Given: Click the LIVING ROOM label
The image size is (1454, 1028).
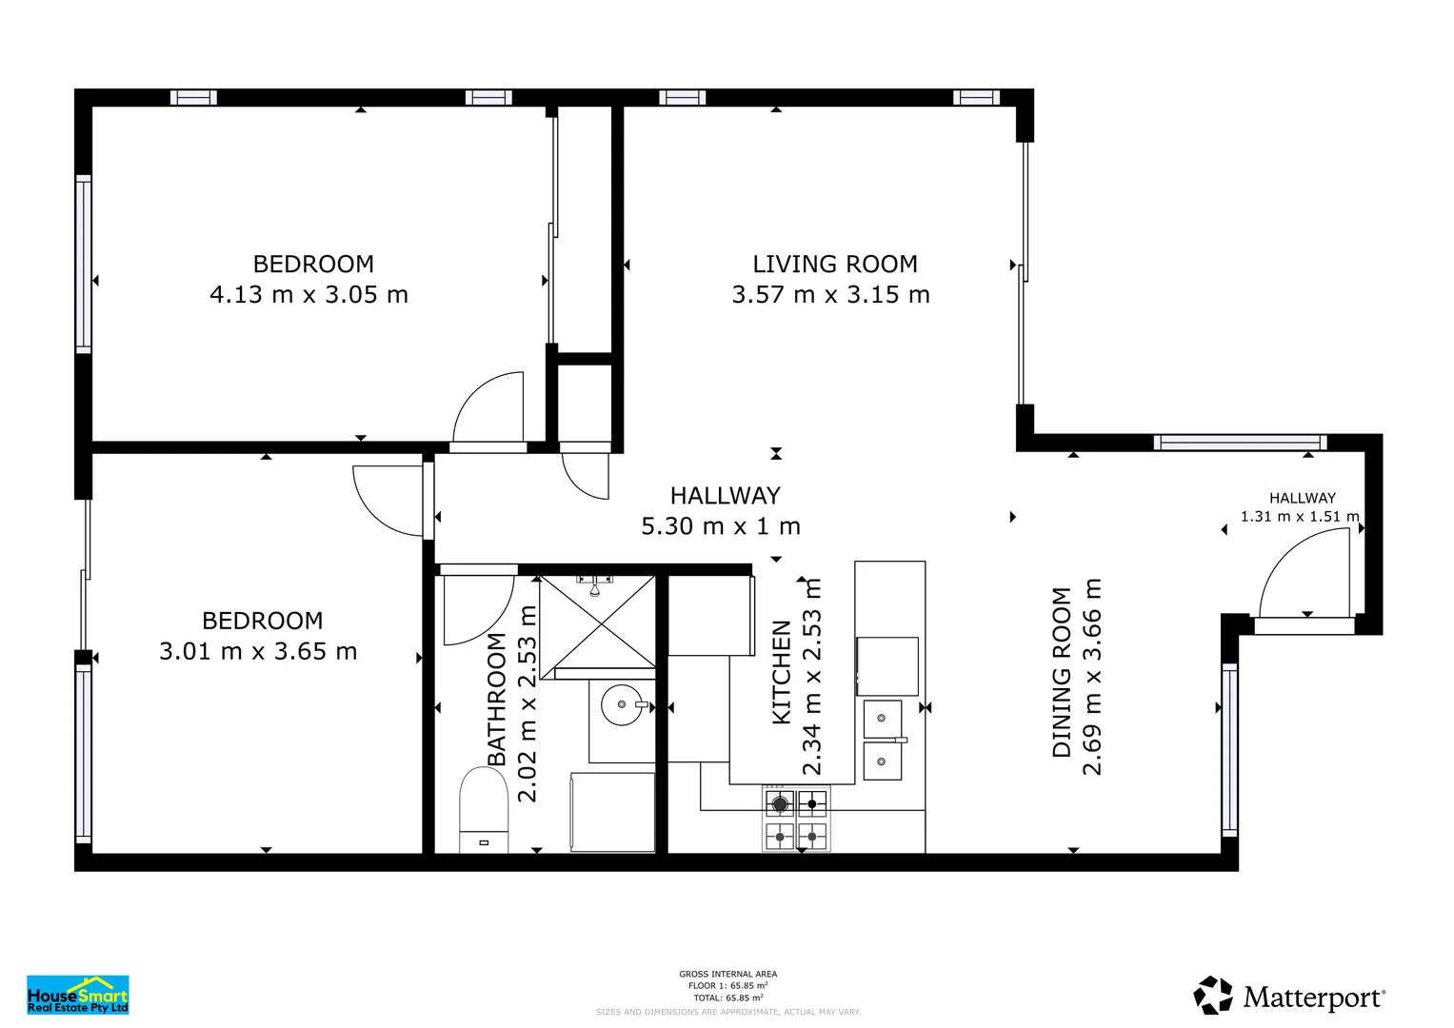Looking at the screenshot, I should tap(834, 264).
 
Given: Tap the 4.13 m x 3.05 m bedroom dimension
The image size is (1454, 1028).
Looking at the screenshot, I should tap(309, 295).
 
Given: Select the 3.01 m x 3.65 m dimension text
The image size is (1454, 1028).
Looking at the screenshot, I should tap(258, 652).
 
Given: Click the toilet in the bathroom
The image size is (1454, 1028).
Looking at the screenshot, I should tap(484, 809).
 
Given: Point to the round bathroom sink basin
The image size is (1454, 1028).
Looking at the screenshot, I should tap(623, 705).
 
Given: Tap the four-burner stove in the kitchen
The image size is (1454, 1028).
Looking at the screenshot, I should tap(796, 819).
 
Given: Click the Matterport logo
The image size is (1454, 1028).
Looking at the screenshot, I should tap(1289, 996).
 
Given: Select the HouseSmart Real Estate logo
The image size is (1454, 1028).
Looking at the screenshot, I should tap(77, 995).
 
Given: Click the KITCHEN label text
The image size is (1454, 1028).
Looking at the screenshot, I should tap(782, 672).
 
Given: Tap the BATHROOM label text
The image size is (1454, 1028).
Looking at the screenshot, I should tap(497, 699).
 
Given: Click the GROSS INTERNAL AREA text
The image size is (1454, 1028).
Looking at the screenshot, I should tap(727, 974).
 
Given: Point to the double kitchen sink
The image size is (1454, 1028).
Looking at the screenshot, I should tap(883, 740).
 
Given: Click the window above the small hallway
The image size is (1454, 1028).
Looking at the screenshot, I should tap(1239, 443).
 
